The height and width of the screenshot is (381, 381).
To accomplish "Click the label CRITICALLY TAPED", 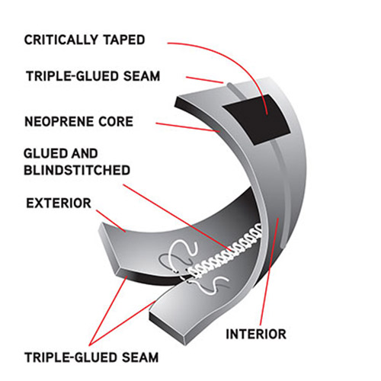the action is [85, 40].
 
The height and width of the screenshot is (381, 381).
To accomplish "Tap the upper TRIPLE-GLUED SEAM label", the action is [93, 76].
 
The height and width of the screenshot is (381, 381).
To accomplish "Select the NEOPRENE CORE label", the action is [78, 121].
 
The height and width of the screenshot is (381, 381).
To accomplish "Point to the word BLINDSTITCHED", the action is [77, 170].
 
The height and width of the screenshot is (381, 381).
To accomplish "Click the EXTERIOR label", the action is [59, 203].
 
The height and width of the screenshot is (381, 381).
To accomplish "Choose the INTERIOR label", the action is [256, 334].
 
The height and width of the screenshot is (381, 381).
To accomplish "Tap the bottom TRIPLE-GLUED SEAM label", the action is [91, 357].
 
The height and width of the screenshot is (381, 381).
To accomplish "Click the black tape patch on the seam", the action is [257, 120].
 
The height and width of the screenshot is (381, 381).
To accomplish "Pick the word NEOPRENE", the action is [59, 121].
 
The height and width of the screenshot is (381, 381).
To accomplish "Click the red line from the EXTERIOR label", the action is [110, 221].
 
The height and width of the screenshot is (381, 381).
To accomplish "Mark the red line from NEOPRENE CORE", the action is [188, 127].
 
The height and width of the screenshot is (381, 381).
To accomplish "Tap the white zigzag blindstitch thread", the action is [226, 251].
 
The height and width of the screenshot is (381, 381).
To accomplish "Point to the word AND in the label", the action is [83, 153].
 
